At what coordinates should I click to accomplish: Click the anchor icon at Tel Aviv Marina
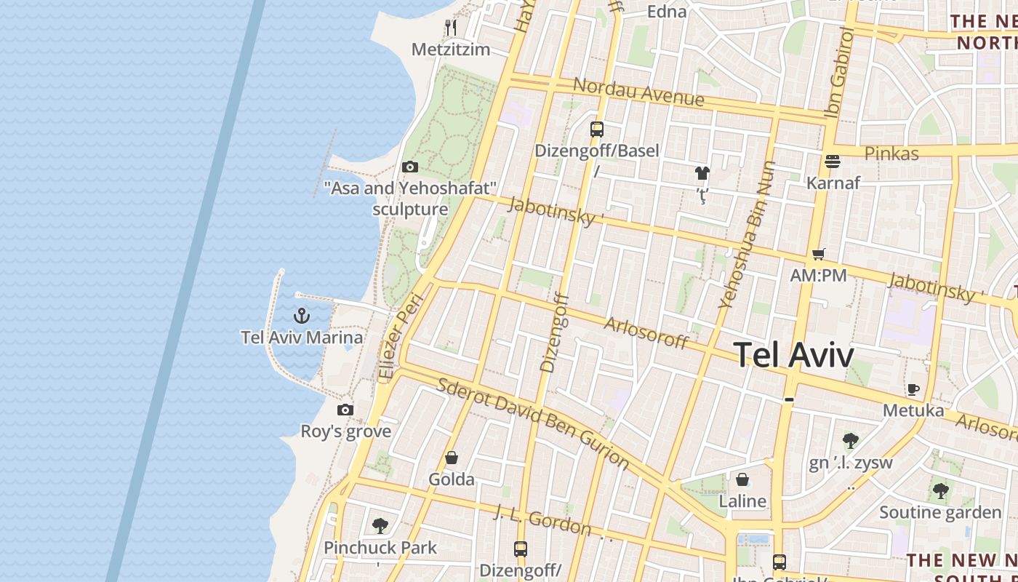(x=301, y=316)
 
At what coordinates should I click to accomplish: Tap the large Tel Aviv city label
(x=793, y=355)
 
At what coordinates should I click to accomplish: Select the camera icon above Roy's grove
(x=345, y=410)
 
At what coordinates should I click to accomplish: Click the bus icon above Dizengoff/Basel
(x=597, y=129)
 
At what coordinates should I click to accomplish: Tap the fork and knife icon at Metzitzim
(x=451, y=28)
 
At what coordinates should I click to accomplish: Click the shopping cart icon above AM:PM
(x=819, y=254)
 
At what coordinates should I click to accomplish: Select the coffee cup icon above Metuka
(x=913, y=389)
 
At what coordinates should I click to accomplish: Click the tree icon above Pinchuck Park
(x=380, y=525)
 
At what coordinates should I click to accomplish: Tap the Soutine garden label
(x=940, y=512)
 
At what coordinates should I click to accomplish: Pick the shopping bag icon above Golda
(x=452, y=458)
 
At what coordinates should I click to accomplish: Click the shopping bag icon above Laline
(x=742, y=479)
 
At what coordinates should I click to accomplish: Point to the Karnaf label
(x=833, y=183)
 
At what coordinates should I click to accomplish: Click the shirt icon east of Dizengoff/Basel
(x=702, y=172)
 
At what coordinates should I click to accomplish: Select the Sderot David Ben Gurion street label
(x=532, y=422)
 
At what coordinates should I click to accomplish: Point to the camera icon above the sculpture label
(x=410, y=167)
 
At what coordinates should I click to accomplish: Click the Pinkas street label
(x=891, y=154)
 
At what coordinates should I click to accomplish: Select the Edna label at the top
(x=666, y=11)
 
